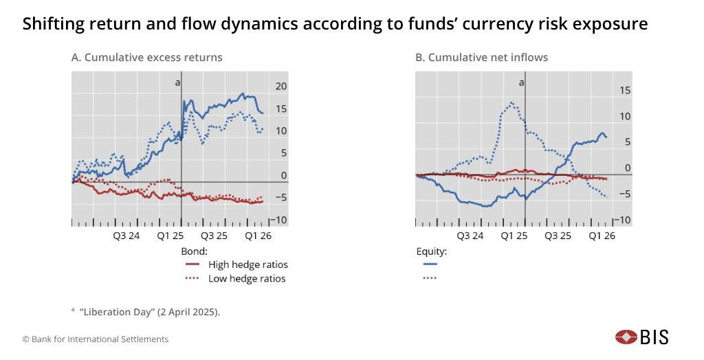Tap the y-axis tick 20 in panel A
coord(280,86)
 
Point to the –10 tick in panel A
coord(278,220)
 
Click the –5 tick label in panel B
coord(624,194)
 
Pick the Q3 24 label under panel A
coord(126,236)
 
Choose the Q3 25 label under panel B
coord(558,236)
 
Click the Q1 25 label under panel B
coord(514,236)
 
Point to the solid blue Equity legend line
coord(430,264)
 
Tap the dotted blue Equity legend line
coord(430,278)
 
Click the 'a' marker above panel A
coord(178,82)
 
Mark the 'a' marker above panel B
coord(521,82)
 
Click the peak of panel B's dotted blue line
coord(511,103)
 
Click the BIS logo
coord(641,337)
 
